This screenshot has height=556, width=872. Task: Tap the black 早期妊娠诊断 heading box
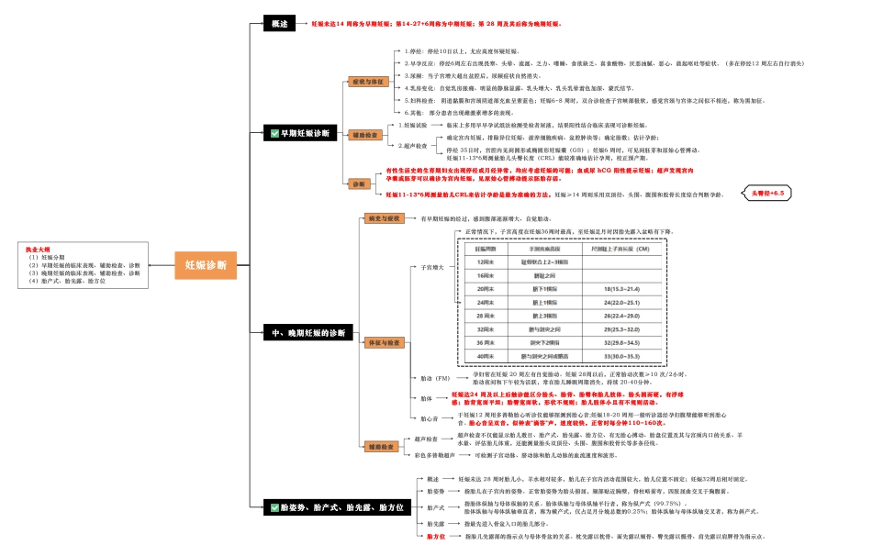click(x=299, y=133)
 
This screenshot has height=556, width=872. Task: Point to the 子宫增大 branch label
click(x=431, y=268)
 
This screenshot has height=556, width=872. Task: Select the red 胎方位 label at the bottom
click(x=436, y=535)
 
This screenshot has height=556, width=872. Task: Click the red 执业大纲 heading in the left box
click(x=39, y=249)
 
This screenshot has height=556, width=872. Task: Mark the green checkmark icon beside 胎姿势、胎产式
click(x=273, y=506)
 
